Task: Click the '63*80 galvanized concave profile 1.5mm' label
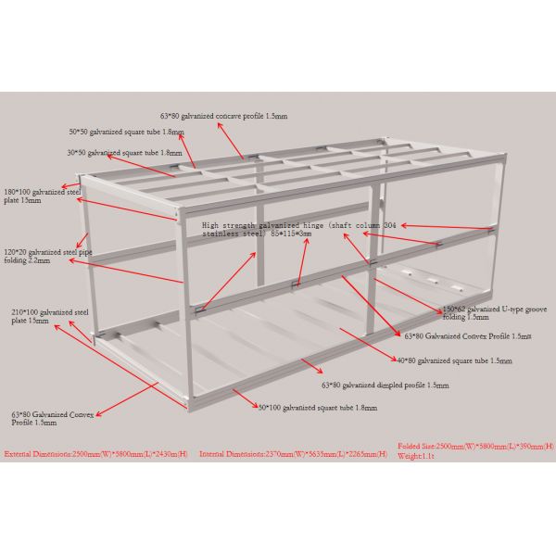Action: pyautogui.click(x=223, y=116)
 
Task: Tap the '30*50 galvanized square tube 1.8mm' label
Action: pyautogui.click(x=124, y=152)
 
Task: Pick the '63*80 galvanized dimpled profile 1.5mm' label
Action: pyautogui.click(x=385, y=385)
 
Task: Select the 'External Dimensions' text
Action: pyautogui.click(x=96, y=454)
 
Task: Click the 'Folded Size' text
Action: pyautogui.click(x=475, y=447)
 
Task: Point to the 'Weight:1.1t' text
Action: pyautogui.click(x=416, y=456)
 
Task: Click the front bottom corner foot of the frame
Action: pyautogui.click(x=189, y=406)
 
